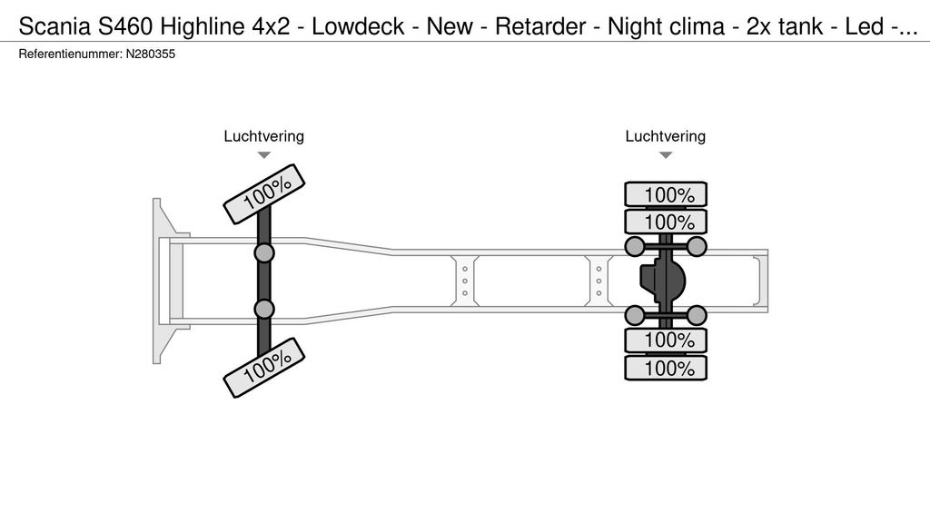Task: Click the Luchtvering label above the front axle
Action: [263, 136]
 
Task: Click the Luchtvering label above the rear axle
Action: [665, 136]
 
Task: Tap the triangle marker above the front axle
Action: [263, 155]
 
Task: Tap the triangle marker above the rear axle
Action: [665, 155]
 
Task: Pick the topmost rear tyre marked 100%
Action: [666, 194]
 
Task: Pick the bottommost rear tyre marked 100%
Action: [666, 368]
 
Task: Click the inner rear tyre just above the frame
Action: [666, 222]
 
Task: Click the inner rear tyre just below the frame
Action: [666, 340]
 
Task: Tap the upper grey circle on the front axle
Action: [264, 252]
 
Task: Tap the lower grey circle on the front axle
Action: [264, 310]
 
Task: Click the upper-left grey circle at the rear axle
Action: [635, 246]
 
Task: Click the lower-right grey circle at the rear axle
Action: [697, 316]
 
